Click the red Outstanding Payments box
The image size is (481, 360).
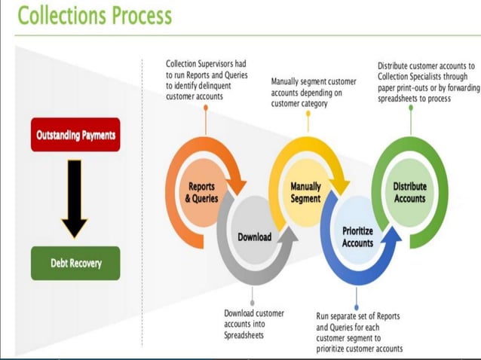pos(75,135)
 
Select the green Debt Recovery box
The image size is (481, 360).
pos(75,264)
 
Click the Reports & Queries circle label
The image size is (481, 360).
pos(201,193)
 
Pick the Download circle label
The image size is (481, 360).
pos(254,236)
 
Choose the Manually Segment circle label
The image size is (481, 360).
pos(305,193)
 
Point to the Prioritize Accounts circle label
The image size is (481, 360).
pos(357,237)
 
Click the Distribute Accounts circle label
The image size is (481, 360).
pos(409,193)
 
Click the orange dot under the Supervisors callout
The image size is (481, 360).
pos(205,107)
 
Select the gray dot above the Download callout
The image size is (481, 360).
pos(253,304)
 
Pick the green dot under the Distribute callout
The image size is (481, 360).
pos(411,107)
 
